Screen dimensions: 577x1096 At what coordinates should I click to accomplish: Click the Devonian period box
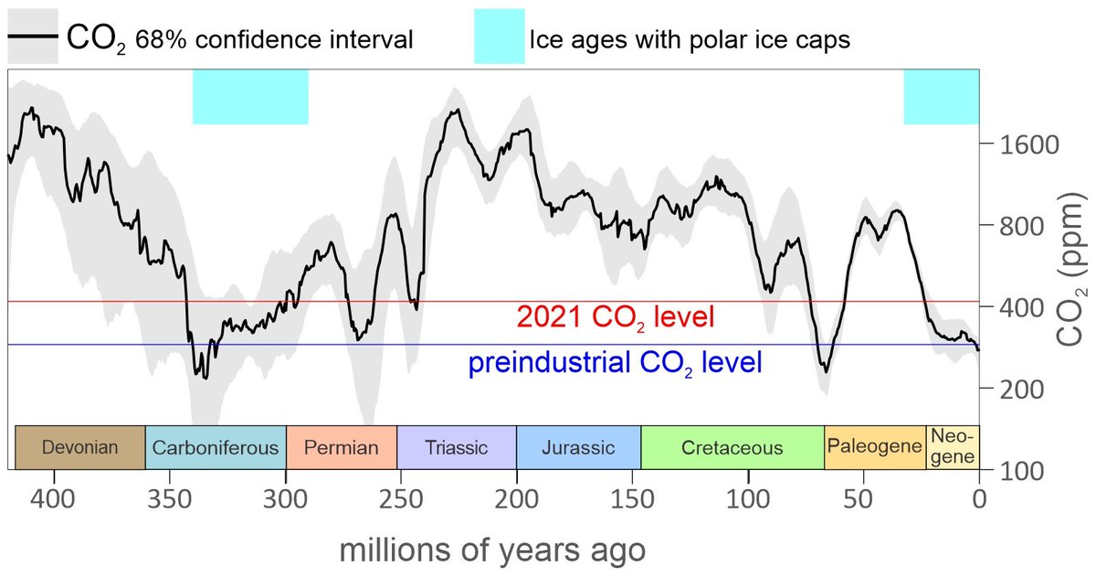click(79, 447)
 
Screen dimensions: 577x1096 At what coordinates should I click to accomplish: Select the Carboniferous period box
click(216, 447)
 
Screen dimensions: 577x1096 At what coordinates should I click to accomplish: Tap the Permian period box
click(341, 447)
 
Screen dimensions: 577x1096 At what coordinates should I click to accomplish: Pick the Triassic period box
click(456, 447)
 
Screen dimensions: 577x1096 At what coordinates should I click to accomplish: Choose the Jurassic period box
click(578, 447)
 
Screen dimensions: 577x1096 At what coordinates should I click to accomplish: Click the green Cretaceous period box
click(732, 447)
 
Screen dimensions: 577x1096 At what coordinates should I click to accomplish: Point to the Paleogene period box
click(875, 447)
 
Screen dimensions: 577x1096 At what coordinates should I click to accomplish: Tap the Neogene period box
click(953, 447)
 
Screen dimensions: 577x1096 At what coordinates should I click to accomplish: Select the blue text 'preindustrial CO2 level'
click(614, 363)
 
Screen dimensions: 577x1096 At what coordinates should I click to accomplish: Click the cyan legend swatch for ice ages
click(500, 37)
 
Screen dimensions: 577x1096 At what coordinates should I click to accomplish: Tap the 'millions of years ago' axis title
click(493, 551)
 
